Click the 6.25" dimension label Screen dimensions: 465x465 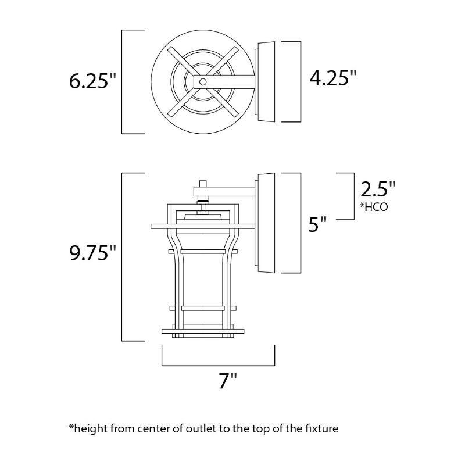tap(93, 81)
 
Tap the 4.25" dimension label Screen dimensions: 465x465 tap(332, 78)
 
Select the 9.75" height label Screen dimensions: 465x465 tap(93, 254)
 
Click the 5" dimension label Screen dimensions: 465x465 tap(318, 224)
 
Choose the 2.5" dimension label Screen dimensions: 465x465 tap(378, 190)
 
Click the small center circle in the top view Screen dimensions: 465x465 tap(203, 82)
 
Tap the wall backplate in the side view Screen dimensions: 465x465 tap(265, 222)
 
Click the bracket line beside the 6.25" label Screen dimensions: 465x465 tap(121, 81)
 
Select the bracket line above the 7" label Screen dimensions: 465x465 tap(218, 366)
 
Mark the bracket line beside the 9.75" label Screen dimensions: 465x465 tap(121, 256)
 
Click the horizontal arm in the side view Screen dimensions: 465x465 tap(227, 189)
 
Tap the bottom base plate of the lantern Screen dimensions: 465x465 tap(203, 332)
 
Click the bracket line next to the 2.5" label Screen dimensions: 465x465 tap(354, 196)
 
